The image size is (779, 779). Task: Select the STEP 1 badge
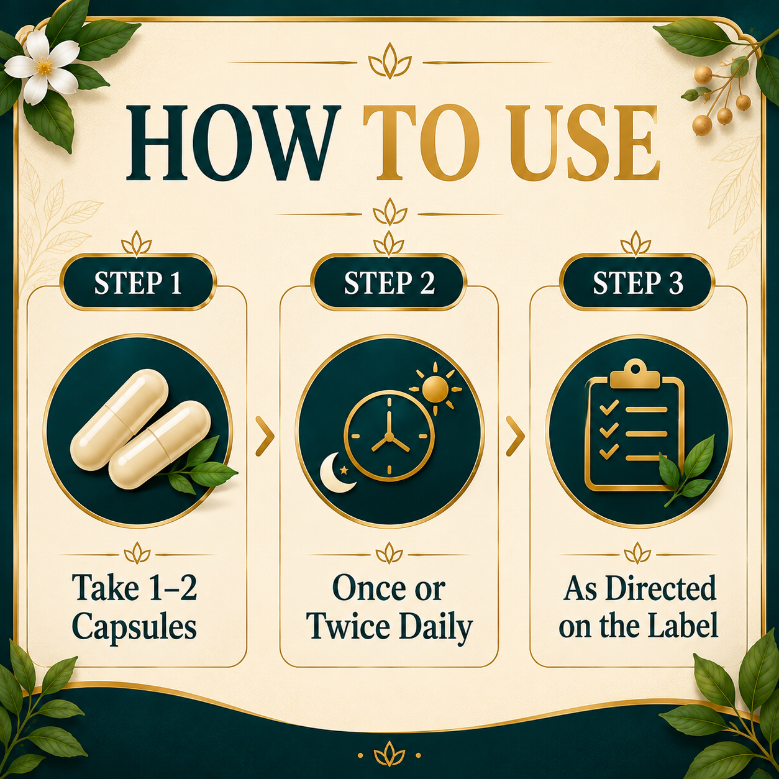click(138, 283)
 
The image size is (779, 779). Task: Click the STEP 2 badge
click(389, 283)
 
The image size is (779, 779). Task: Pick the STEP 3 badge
click(638, 283)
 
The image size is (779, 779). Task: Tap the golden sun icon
click(435, 388)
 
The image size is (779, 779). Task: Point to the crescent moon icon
click(336, 473)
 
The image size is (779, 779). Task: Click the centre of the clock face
click(389, 437)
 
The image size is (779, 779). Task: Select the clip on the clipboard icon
click(635, 376)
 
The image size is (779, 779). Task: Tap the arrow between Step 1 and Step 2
click(265, 437)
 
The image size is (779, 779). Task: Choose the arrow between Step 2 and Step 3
click(516, 437)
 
